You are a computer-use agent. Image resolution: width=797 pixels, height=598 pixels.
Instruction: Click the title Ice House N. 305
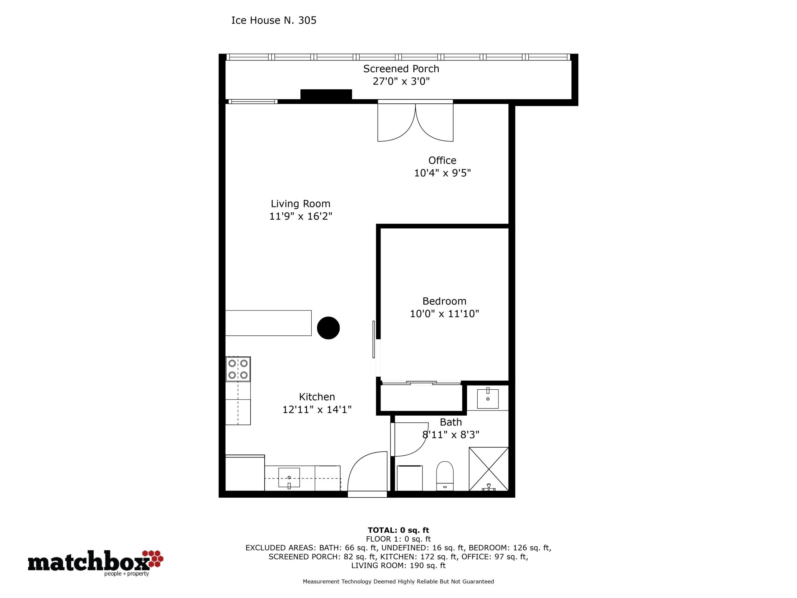(x=274, y=21)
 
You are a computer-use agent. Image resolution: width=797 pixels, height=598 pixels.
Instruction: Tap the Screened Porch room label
(x=401, y=69)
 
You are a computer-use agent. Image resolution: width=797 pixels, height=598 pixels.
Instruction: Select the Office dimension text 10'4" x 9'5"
(x=442, y=173)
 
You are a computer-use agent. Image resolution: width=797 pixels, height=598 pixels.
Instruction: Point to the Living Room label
(x=300, y=204)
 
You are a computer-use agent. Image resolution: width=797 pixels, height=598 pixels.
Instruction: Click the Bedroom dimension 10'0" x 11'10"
(x=444, y=314)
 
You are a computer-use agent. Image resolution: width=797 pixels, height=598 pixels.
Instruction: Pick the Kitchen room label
(x=317, y=396)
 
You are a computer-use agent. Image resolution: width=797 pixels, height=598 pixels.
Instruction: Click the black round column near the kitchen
(x=328, y=328)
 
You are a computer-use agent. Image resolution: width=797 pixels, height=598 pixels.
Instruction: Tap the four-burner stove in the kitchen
(x=238, y=369)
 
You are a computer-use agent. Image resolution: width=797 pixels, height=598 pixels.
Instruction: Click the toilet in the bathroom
(x=445, y=476)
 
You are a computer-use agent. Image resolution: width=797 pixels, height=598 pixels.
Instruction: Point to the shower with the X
(x=488, y=469)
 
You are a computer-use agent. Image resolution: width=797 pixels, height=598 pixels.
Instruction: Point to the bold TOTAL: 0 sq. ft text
(x=398, y=530)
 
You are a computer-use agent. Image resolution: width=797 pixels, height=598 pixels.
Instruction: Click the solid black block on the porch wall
(x=326, y=94)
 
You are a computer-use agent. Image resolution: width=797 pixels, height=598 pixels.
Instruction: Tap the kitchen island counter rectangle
(x=268, y=323)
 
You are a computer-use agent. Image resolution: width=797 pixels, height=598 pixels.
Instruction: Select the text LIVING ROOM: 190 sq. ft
(x=398, y=566)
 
